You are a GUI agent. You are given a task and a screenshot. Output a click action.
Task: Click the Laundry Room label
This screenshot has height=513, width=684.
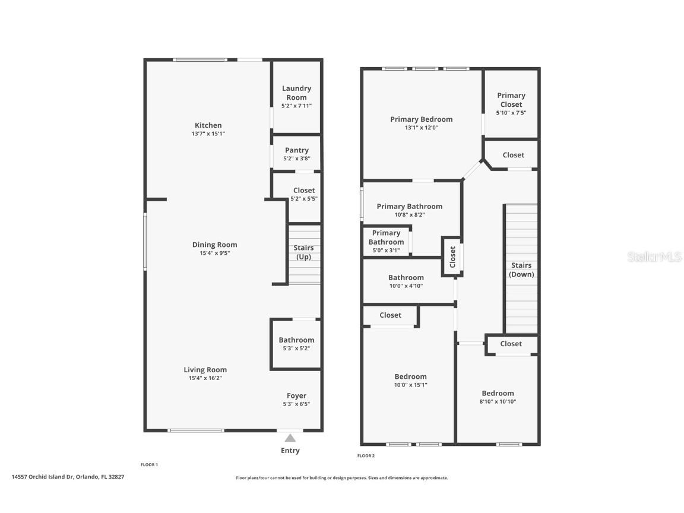coord(296,93)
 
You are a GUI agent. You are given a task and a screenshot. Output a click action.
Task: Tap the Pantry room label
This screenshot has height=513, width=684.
coord(296,150)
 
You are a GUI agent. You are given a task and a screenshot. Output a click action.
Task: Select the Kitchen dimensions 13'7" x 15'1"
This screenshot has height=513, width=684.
coord(208,134)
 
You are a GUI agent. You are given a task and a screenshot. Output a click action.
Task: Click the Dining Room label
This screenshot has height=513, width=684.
coord(214,245)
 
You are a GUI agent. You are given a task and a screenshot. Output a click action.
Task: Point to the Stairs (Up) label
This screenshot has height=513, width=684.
coord(303,252)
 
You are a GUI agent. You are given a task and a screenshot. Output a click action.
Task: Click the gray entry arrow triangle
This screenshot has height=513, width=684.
coord(290,438)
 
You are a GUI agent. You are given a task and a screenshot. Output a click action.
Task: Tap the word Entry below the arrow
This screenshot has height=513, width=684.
coord(290,451)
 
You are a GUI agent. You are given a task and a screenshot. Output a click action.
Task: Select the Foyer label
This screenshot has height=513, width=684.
coord(296,396)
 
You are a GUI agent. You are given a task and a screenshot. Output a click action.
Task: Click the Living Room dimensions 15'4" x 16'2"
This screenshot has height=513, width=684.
coord(205,378)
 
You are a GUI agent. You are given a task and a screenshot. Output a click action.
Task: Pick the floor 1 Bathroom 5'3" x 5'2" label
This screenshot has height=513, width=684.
coord(296,344)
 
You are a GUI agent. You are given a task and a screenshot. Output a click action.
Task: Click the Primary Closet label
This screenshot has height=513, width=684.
coord(511,100)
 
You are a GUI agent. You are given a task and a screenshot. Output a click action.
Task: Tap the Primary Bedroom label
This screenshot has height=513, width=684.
coord(421,119)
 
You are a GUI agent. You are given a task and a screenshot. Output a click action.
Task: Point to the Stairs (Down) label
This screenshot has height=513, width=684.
coord(521,270)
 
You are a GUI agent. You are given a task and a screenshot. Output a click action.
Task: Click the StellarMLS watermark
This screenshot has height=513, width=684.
coord(655,257)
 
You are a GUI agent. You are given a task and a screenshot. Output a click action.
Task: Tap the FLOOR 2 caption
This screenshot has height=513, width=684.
coord(366,456)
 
